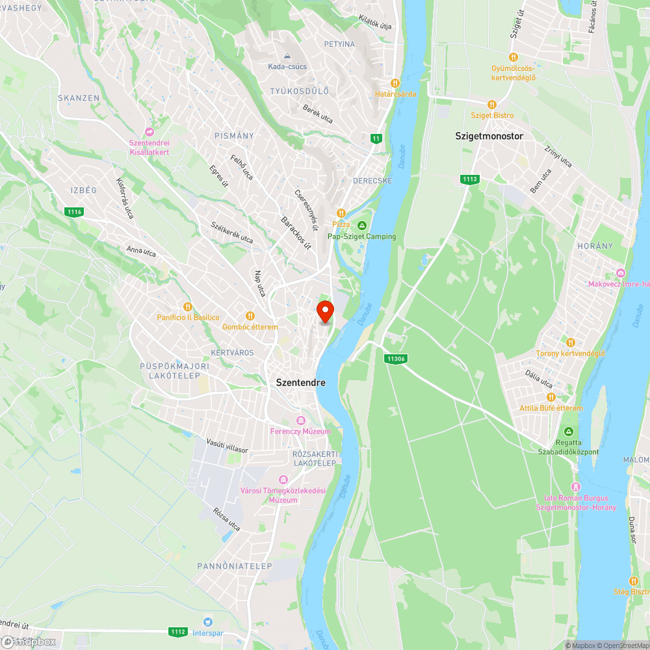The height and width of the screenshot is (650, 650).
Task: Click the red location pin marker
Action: [324, 311]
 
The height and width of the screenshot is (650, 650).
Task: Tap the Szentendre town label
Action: [300, 383]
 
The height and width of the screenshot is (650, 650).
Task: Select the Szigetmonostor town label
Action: [489, 136]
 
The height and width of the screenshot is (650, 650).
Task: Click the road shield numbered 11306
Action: [395, 359]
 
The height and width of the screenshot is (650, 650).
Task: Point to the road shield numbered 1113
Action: [469, 179]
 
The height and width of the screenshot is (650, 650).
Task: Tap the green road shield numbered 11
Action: [376, 138]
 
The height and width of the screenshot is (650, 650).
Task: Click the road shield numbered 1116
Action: [74, 211]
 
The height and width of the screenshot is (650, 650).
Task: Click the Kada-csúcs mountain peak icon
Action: [287, 55]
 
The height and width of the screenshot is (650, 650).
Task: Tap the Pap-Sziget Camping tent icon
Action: [362, 226]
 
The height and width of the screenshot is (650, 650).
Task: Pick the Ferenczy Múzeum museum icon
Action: [300, 420]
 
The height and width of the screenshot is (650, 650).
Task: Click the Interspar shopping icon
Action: [208, 621]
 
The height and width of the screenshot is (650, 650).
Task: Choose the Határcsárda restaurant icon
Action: [395, 83]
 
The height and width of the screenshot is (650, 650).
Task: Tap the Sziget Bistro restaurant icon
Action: [492, 104]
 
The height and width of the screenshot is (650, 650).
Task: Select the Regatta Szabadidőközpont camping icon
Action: [569, 432]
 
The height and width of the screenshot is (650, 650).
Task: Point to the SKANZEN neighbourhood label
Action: [79, 98]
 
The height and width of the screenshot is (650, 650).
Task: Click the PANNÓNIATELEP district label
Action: [235, 566]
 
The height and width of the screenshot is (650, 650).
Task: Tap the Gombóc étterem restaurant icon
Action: [250, 316]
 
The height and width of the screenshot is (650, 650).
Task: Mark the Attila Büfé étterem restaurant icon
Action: [551, 397]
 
